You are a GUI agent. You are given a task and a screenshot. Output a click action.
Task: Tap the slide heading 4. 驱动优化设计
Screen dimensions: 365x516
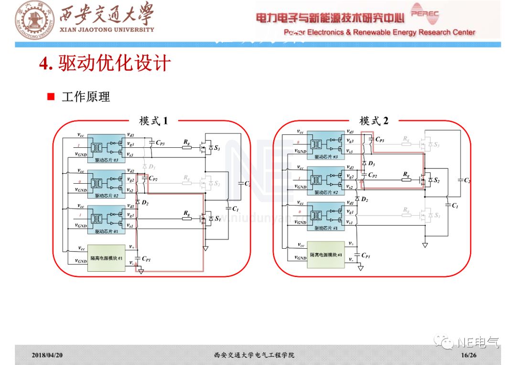[x=105, y=63]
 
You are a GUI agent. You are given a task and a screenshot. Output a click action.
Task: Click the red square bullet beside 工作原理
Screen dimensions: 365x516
[x=51, y=97]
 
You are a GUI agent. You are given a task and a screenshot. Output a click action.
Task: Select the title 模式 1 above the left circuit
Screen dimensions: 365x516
[x=153, y=121]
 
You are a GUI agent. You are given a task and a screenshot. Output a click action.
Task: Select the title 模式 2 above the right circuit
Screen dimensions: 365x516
[x=374, y=121]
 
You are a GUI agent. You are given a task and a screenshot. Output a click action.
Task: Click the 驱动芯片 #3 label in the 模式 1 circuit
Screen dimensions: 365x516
[x=107, y=160]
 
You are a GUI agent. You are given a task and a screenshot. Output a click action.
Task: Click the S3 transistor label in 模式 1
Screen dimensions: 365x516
[x=217, y=149]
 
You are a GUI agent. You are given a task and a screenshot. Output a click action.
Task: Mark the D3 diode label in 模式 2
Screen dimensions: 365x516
[x=371, y=163]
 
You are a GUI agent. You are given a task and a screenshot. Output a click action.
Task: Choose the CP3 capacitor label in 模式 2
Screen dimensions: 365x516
[x=380, y=139]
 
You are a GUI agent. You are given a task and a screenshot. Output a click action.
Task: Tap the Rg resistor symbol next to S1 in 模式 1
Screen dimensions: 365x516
[x=187, y=219]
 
